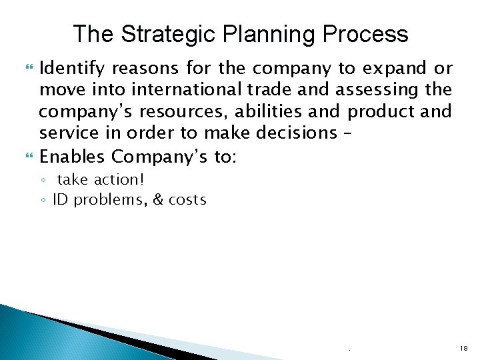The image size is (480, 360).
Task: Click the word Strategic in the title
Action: tap(158, 33)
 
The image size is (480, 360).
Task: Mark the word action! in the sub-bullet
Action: tap(121, 180)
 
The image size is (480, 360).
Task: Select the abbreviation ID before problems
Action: tap(61, 199)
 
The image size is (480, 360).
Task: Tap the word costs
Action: tap(187, 199)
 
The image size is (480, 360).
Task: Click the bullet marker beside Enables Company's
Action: tap(28, 156)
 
